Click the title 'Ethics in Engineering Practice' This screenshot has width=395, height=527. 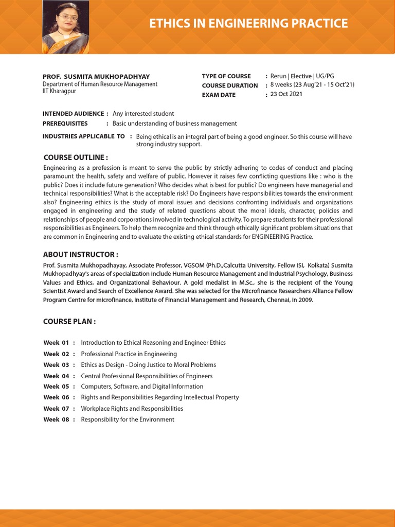(x=248, y=23)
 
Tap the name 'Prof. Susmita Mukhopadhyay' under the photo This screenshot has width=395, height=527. (x=96, y=77)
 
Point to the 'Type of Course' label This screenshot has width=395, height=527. (x=226, y=76)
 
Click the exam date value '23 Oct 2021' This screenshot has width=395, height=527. (x=286, y=94)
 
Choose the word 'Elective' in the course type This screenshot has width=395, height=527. (x=301, y=76)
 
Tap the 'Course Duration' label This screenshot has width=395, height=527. (x=230, y=85)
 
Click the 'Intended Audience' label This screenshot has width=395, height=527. (x=73, y=114)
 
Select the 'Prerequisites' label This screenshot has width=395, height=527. (x=65, y=124)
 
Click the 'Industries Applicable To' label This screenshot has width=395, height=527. (x=83, y=136)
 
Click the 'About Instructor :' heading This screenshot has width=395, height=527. (x=81, y=254)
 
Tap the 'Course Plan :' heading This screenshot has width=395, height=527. (x=69, y=322)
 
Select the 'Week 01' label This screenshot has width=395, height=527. (x=56, y=343)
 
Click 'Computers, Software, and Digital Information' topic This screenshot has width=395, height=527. (x=142, y=387)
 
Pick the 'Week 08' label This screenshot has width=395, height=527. (x=56, y=419)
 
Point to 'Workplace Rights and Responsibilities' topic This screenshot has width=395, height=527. (x=132, y=409)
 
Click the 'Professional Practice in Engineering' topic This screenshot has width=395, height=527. (x=129, y=354)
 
